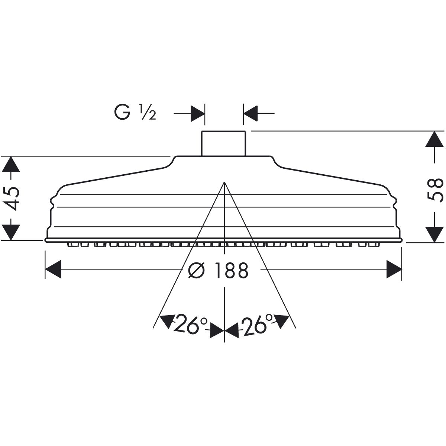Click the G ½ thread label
tap(135, 112)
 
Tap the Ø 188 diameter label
tap(218, 270)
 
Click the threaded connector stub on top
tap(223, 143)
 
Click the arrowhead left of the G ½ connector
tap(198, 113)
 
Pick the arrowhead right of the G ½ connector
tap(251, 113)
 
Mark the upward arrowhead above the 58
tap(434, 139)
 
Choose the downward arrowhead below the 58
tap(434, 235)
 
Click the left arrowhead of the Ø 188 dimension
tap(53, 269)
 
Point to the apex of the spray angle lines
tap(224, 182)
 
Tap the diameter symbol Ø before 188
tap(197, 270)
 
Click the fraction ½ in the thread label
tap(148, 113)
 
